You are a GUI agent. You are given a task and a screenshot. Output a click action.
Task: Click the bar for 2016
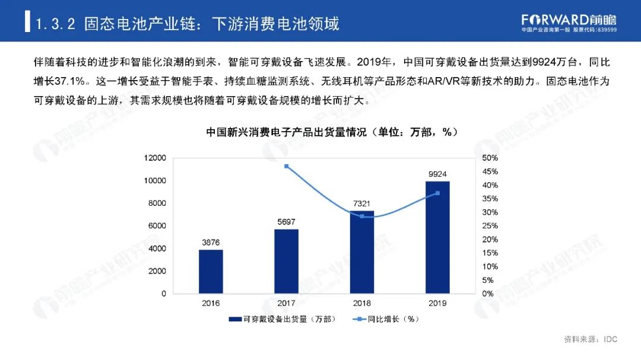click(x=211, y=271)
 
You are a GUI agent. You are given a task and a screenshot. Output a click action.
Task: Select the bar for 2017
click(x=287, y=261)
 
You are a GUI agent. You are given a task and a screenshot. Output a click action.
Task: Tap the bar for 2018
click(x=362, y=252)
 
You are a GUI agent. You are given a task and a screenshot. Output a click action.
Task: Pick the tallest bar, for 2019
click(x=437, y=237)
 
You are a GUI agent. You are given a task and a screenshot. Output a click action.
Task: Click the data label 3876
click(x=211, y=242)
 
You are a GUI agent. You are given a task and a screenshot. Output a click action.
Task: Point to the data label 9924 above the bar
click(x=437, y=173)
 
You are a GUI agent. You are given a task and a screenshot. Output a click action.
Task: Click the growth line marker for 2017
click(x=287, y=166)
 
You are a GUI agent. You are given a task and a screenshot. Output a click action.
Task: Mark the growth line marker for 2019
click(x=437, y=193)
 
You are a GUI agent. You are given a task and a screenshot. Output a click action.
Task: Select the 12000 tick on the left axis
click(x=156, y=158)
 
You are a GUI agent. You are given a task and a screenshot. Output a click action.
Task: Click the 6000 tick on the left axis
click(x=158, y=226)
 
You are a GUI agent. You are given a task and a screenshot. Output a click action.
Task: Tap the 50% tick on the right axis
click(x=490, y=158)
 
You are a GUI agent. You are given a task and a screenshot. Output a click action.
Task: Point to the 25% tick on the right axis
click(x=490, y=226)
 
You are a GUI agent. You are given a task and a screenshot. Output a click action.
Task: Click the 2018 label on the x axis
click(x=362, y=303)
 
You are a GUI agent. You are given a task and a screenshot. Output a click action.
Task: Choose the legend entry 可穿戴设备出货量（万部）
click(x=284, y=319)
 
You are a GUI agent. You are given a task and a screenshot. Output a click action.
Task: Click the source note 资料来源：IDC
click(x=591, y=339)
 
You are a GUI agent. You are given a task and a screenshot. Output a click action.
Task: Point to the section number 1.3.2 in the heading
click(x=56, y=24)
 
